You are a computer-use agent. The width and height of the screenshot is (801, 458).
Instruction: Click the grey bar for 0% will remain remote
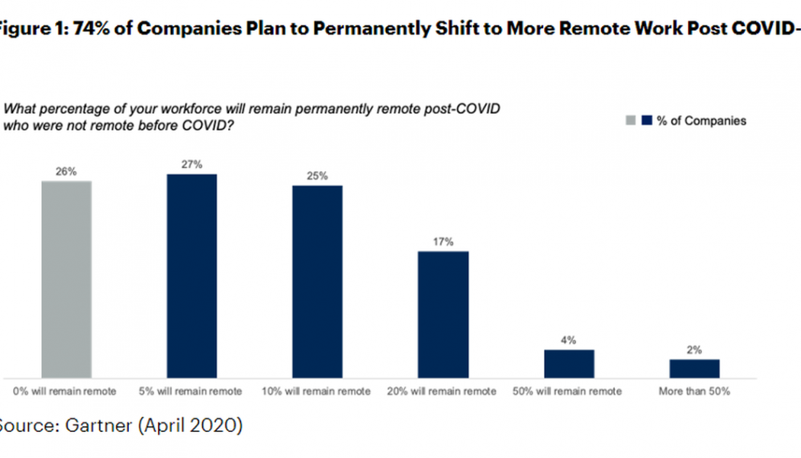tap(66, 279)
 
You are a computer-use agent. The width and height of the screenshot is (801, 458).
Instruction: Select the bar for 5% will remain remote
tap(191, 276)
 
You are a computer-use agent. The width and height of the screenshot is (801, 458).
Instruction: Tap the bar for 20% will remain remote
tap(443, 314)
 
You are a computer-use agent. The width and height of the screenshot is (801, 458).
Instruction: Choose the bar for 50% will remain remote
tap(568, 363)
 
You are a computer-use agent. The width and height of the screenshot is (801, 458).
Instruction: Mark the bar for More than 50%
tap(694, 368)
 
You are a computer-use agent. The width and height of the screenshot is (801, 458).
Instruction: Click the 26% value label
tap(66, 172)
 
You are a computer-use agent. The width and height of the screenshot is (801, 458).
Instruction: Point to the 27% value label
tap(192, 165)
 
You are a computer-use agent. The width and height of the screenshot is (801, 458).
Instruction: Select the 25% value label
tap(317, 176)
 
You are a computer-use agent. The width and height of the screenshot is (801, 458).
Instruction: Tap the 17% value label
tap(443, 242)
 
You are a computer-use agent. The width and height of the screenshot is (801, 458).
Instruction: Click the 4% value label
tap(568, 340)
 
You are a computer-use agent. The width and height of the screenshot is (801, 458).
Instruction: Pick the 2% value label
tap(694, 350)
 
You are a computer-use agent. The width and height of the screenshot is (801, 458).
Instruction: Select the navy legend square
tap(648, 121)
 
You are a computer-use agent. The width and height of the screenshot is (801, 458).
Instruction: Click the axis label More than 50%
tap(694, 392)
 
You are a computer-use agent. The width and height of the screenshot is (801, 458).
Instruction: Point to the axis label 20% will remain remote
tap(443, 392)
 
